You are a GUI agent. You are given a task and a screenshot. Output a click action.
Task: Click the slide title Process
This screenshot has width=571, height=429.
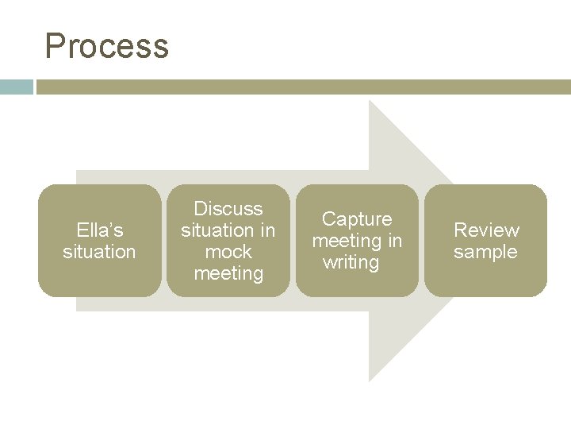[107, 46]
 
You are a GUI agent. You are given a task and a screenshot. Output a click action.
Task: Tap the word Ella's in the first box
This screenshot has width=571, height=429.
[100, 230]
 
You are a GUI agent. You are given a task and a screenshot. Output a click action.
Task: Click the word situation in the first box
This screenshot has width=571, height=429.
[100, 252]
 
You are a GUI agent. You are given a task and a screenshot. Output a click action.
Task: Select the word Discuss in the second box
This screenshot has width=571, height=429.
[228, 209]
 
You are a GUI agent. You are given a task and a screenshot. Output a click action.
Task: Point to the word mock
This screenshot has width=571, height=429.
[228, 252]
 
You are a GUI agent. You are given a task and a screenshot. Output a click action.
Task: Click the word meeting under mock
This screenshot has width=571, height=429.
[228, 273]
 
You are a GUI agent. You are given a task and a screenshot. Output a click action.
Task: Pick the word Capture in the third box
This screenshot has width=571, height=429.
[357, 219]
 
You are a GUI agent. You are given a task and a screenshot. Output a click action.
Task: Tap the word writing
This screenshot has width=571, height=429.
[351, 262]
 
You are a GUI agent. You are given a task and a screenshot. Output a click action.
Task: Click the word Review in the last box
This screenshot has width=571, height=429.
[486, 230]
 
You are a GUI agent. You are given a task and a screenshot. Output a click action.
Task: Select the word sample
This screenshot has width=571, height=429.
[485, 252]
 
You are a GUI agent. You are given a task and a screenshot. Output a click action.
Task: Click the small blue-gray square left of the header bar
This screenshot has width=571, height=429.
[16, 87]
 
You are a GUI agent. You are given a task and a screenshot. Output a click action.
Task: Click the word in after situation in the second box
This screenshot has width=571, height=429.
[267, 230]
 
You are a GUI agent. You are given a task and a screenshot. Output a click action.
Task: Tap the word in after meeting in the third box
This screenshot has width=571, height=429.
[394, 241]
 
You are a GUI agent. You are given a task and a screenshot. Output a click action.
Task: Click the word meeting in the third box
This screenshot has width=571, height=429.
[347, 241]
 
